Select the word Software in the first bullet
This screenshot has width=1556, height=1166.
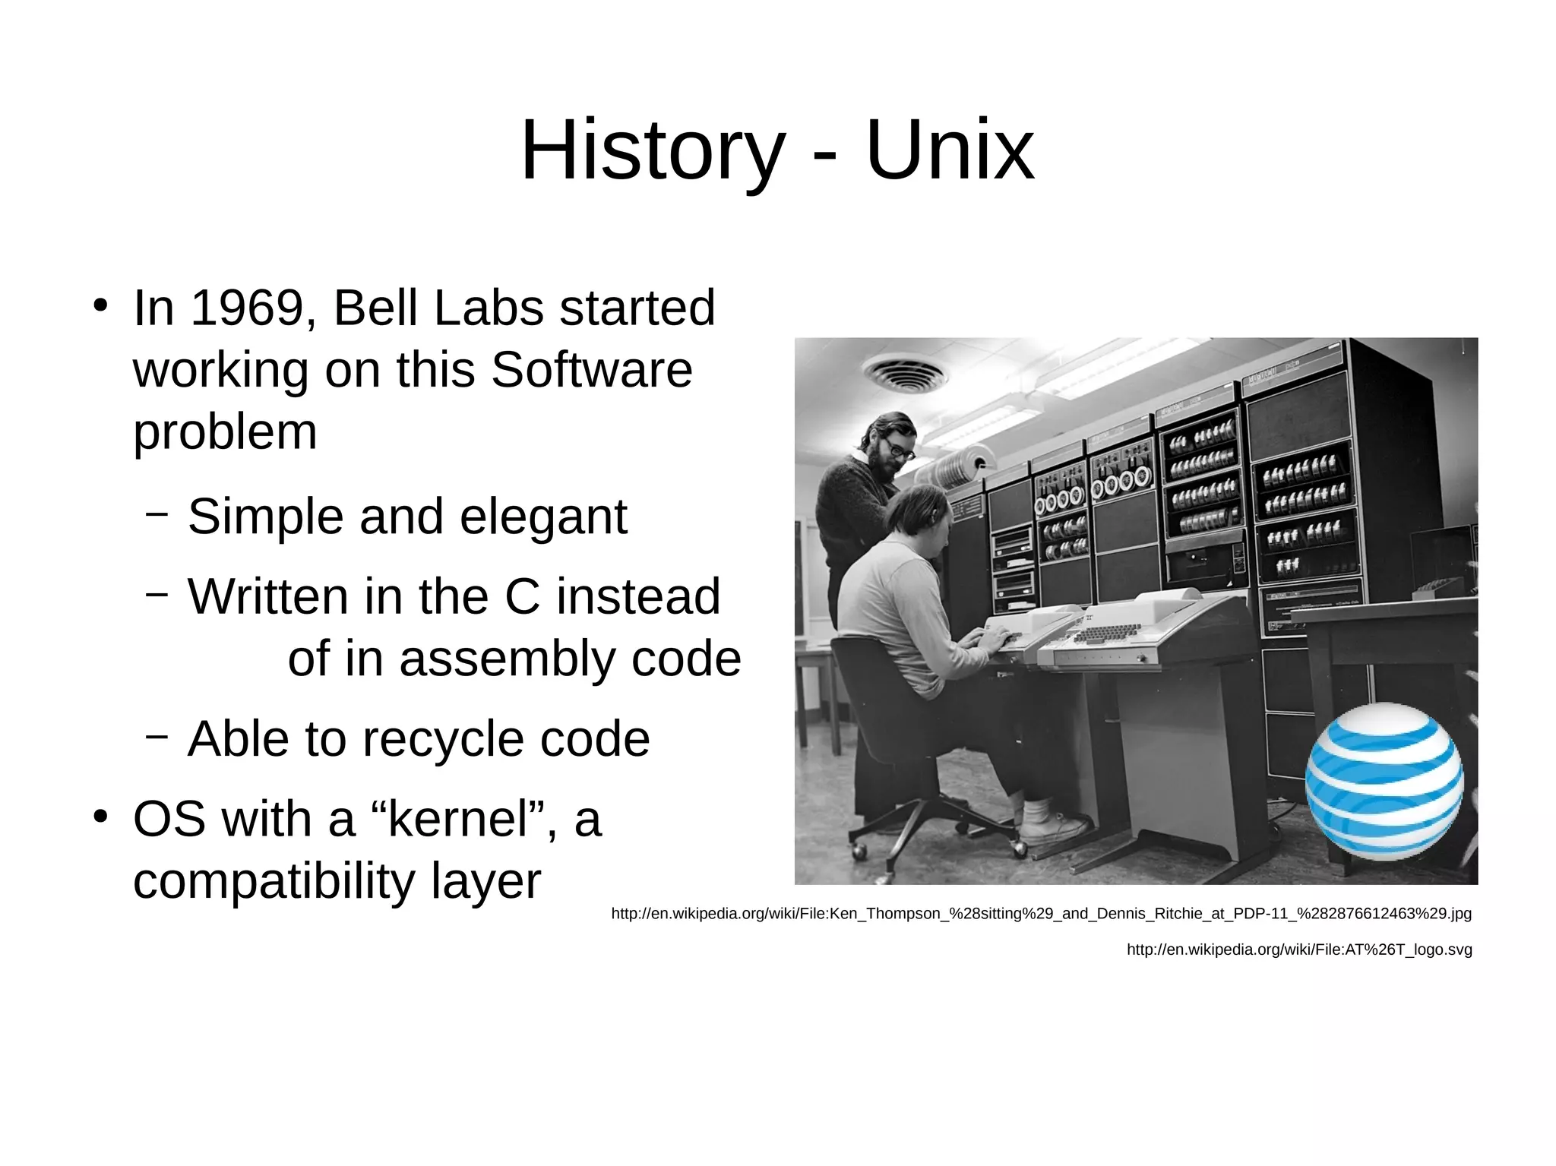[592, 370]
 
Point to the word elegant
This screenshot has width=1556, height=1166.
[543, 517]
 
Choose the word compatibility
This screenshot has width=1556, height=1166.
[274, 881]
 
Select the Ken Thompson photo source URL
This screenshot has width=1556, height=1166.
[1041, 914]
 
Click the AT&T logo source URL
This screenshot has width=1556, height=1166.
[1298, 950]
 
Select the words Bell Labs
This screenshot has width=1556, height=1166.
[438, 308]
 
